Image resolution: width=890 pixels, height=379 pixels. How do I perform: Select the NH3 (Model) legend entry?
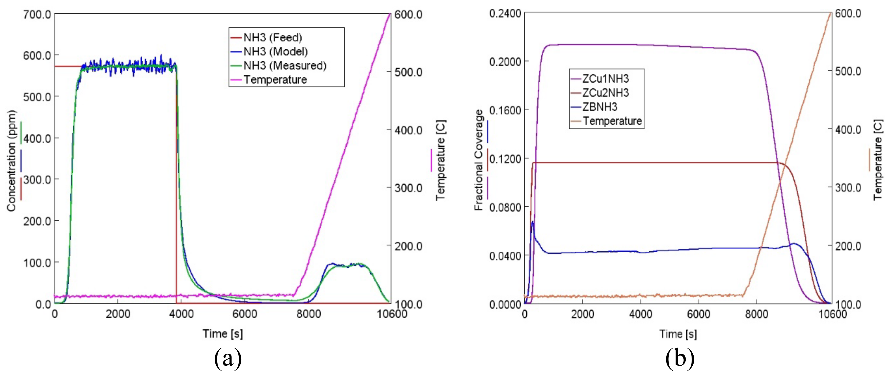pos(275,52)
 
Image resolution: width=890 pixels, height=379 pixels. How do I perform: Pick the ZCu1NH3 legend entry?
pos(605,79)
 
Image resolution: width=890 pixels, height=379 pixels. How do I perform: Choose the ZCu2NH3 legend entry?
pos(605,93)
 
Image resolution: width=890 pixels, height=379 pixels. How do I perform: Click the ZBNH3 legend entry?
pos(600,107)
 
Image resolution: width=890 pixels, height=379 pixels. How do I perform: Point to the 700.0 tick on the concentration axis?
pos(37,14)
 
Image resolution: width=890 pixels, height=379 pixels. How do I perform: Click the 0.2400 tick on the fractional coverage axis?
pos(505,13)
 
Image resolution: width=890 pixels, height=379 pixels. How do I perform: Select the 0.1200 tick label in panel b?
pos(505,159)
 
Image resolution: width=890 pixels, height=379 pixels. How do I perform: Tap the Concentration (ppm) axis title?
pos(11,161)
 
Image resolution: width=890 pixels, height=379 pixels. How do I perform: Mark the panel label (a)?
pos(228,358)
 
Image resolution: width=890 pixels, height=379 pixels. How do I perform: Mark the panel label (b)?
pos(680,358)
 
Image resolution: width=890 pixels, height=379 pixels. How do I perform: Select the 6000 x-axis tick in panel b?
pos(698,314)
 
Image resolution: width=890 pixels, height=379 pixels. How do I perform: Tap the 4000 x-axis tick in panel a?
pos(181,314)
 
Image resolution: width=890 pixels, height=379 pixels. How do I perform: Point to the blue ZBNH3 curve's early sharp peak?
pos(533,222)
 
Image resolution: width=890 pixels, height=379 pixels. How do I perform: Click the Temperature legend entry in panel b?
pos(612,121)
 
